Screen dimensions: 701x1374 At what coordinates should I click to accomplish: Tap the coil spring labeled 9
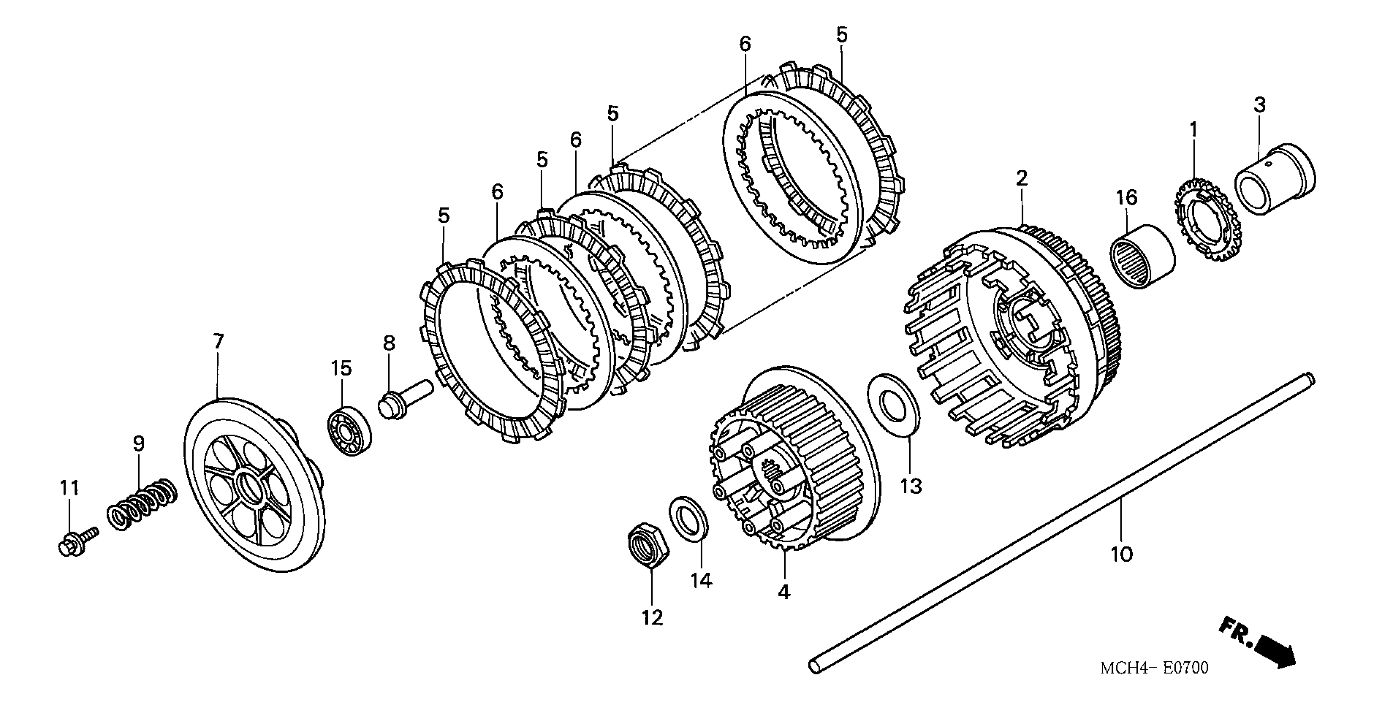[141, 505]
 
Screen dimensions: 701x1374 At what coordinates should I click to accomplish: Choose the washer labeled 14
[689, 518]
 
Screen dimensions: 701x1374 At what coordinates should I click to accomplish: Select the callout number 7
[218, 341]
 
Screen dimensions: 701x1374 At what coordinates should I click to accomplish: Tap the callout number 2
[1021, 178]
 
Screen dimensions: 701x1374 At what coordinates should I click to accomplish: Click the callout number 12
[652, 618]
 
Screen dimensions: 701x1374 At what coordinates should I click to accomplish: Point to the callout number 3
[1259, 105]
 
